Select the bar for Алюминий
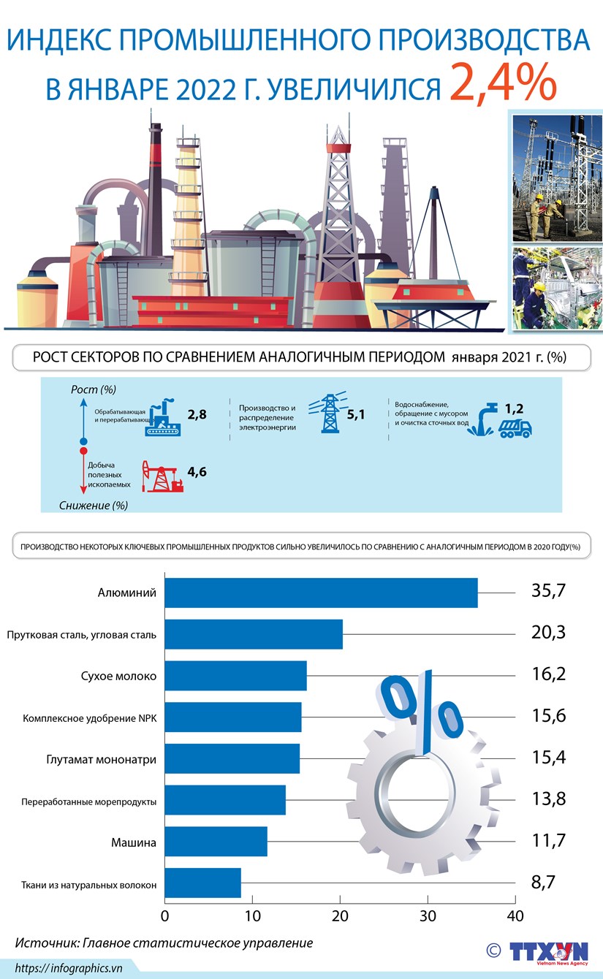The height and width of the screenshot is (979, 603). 321,593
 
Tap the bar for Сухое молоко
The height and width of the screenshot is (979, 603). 235,676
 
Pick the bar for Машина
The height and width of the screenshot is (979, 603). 216,841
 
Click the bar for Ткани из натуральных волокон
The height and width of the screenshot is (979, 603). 202,883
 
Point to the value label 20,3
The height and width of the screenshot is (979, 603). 548,633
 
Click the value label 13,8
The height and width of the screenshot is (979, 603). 548,799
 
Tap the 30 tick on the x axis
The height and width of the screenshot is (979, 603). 428,916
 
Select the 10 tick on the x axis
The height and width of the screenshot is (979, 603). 252,916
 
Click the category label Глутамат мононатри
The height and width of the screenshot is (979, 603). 105,759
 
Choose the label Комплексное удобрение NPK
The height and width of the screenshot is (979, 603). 90,718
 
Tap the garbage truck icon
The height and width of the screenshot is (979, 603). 515,428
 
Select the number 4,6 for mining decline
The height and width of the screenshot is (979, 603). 197,472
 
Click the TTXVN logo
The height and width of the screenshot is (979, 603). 548,952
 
